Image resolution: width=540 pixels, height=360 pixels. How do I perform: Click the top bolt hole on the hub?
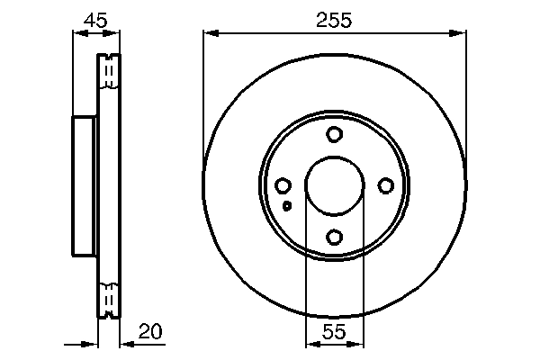point(335,135)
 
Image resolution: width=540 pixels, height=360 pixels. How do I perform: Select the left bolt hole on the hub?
point(283,185)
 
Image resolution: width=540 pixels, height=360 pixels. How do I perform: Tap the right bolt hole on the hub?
point(386,185)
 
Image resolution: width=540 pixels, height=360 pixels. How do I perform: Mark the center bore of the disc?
point(335,186)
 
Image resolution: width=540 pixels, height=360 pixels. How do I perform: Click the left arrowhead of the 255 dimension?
point(210,33)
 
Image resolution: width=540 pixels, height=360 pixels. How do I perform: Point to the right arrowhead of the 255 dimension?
point(460,33)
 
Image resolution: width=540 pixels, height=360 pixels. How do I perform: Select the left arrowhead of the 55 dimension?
point(311,344)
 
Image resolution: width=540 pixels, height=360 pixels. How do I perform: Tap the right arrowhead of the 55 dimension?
point(358,344)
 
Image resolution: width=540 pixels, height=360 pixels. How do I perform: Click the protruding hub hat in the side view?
point(84,185)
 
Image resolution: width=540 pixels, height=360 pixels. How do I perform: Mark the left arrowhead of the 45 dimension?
point(77,33)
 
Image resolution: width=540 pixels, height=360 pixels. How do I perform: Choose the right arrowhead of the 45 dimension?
point(114,33)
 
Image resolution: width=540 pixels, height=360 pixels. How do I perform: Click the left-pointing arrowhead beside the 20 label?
point(124,344)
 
